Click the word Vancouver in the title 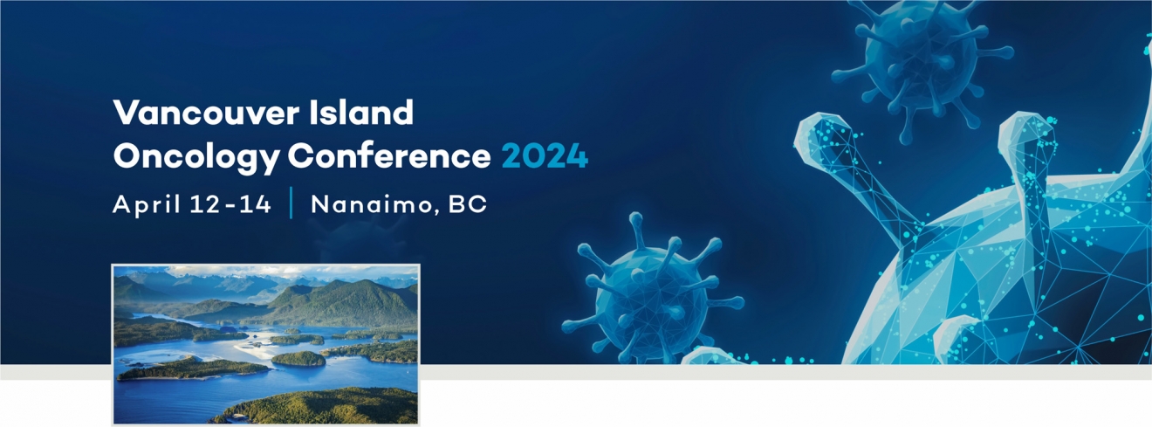click(x=206, y=112)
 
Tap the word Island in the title click(x=361, y=112)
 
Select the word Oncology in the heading click(x=196, y=157)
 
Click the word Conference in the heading click(x=389, y=155)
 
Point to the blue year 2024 click(x=545, y=156)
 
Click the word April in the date click(x=147, y=204)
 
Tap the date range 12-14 click(x=230, y=204)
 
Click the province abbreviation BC click(x=468, y=204)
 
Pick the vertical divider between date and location click(x=291, y=203)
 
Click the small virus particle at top click(x=921, y=62)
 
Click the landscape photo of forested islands click(x=265, y=344)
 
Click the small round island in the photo click(x=298, y=359)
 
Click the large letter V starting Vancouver click(x=127, y=113)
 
